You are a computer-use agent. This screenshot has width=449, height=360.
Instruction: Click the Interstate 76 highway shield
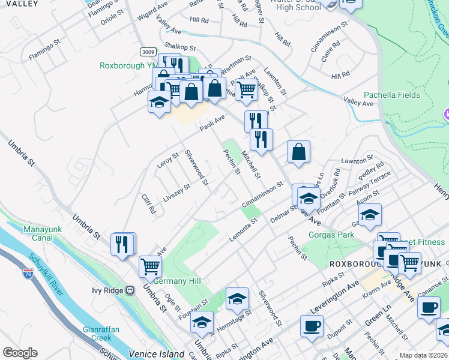(28, 273)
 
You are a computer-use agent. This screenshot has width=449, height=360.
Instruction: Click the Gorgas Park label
(331, 235)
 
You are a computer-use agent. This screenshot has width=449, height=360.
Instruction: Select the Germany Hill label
(177, 281)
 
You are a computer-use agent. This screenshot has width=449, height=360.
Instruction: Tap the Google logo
(19, 353)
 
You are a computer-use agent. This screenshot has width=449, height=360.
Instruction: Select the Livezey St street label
(177, 193)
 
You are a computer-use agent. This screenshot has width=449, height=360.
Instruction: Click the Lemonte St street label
(243, 230)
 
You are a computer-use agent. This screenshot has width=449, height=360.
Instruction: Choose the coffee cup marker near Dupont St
(311, 326)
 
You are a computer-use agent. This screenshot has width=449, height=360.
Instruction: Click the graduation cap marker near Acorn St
(370, 214)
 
